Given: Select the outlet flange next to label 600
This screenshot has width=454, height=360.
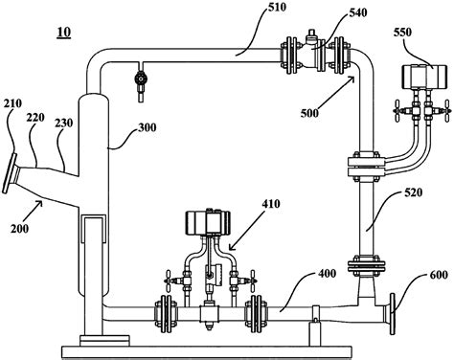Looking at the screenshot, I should point(391,311).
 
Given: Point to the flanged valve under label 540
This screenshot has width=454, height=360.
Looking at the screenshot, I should point(312,53).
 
